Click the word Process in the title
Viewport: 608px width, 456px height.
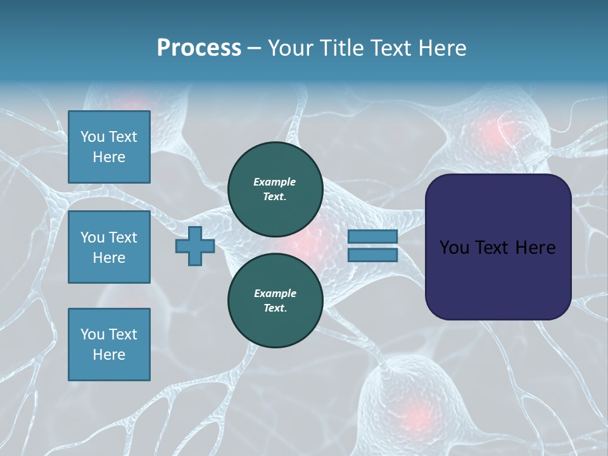[x=199, y=48]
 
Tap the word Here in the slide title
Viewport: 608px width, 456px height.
[x=441, y=48]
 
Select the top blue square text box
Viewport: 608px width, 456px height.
[x=109, y=147]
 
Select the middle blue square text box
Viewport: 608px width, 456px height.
[x=109, y=247]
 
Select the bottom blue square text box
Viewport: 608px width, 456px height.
[x=109, y=344]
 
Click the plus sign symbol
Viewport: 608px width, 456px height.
[x=195, y=246]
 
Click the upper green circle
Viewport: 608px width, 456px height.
[x=275, y=189]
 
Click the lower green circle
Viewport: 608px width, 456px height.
[x=275, y=300]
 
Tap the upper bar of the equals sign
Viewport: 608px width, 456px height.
[x=372, y=237]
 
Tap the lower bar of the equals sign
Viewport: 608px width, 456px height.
[x=372, y=255]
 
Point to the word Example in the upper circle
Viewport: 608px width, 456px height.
[x=275, y=182]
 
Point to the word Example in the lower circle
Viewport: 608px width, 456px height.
[x=275, y=293]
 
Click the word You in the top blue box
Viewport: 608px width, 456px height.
[x=92, y=137]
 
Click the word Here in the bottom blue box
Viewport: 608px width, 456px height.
[x=109, y=355]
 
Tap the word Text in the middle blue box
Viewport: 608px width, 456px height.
[x=122, y=237]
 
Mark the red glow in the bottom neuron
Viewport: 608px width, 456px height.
[x=415, y=415]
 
